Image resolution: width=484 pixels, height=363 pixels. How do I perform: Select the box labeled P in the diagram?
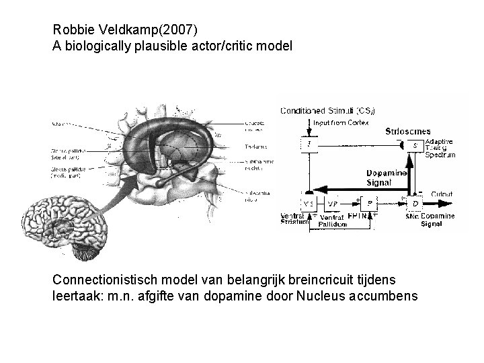[x=369, y=203]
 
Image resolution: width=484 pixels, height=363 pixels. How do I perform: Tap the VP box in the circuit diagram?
[x=331, y=204]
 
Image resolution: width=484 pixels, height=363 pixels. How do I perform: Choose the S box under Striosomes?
[x=414, y=146]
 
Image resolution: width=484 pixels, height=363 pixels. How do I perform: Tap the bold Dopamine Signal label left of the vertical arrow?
[x=386, y=177]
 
